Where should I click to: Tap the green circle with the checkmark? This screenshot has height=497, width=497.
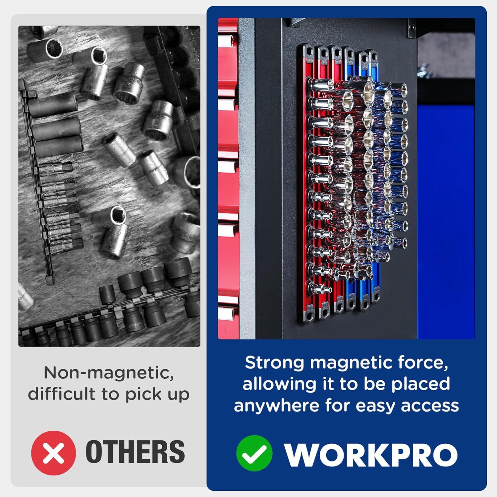click(x=254, y=453)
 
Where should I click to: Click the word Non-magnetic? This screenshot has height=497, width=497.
click(x=109, y=373)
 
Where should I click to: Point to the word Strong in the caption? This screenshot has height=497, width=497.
click(x=274, y=363)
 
